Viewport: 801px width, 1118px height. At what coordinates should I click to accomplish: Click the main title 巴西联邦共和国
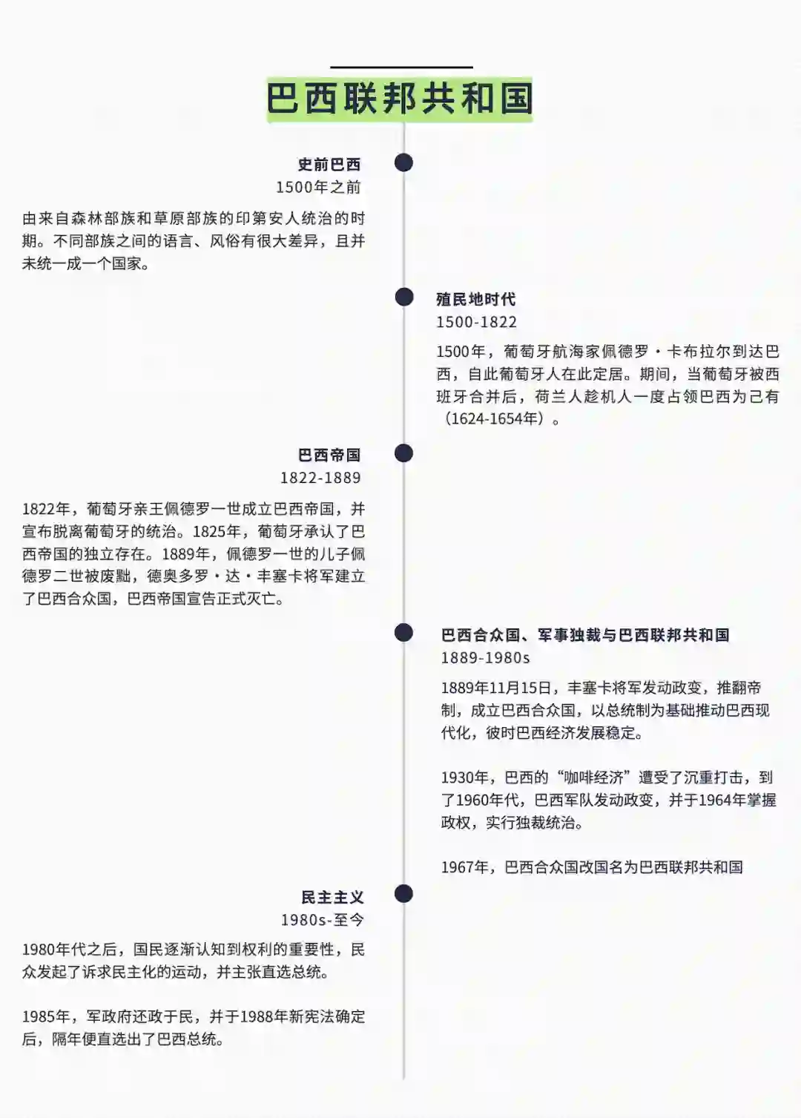point(400,99)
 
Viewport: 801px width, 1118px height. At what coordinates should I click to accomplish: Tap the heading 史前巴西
point(329,165)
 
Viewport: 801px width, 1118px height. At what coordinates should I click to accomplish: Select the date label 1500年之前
point(319,187)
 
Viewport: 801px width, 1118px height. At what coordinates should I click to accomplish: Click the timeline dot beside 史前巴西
point(403,162)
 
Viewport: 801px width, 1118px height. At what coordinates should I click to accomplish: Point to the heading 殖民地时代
point(475,299)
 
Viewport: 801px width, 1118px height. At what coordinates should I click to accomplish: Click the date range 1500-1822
point(476,322)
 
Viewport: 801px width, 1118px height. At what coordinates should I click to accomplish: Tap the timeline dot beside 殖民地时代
point(403,297)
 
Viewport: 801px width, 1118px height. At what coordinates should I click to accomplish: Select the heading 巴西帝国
point(329,455)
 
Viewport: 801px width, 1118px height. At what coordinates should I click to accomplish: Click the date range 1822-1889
point(320,478)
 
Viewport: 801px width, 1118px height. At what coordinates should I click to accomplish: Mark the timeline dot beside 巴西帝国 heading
point(403,453)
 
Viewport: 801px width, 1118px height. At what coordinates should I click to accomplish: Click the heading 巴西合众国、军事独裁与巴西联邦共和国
point(585,635)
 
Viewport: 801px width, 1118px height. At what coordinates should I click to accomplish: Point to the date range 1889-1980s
point(485,658)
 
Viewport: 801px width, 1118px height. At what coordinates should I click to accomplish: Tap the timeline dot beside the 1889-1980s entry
point(403,632)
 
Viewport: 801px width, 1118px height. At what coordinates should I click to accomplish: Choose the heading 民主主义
point(332,898)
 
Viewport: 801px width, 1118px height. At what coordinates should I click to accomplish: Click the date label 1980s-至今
point(323,920)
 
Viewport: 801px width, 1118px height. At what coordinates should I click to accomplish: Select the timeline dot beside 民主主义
point(403,894)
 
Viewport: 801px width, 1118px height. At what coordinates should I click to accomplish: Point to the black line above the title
point(401,68)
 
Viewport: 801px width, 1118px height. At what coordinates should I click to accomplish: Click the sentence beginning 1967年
point(592,867)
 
